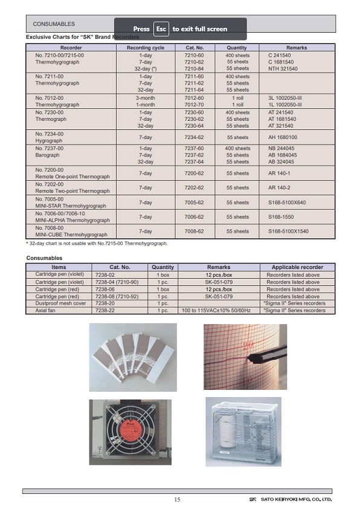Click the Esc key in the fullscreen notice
[161, 28]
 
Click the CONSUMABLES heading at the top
[54, 24]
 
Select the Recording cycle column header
[145, 47]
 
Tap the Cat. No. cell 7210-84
[194, 68]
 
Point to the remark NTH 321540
[283, 68]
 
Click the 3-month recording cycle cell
[145, 97]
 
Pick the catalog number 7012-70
[194, 105]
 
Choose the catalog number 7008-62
[194, 231]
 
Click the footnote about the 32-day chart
[97, 243]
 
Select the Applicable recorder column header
[297, 267]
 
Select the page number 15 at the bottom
[177, 499]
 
